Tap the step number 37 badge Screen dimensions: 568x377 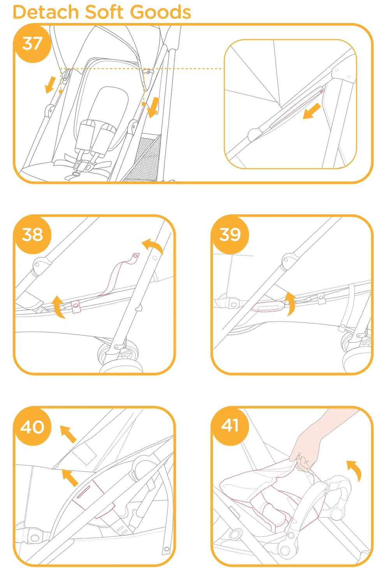[32, 43]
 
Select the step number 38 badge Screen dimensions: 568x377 [32, 234]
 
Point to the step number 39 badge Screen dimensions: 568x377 [230, 234]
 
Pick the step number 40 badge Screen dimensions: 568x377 [32, 426]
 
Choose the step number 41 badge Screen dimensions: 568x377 [230, 426]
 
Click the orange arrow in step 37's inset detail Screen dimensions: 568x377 [312, 111]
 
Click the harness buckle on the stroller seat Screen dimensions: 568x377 [81, 167]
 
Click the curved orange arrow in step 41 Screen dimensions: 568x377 [355, 469]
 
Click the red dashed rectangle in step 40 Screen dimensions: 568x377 [84, 453]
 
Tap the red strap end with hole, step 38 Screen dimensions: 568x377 [134, 258]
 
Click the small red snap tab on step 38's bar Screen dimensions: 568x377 [76, 306]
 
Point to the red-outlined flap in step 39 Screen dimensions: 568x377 [268, 306]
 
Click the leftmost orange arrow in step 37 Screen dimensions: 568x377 [50, 85]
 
